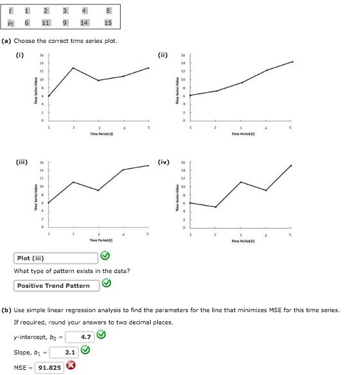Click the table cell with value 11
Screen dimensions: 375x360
(x=46, y=22)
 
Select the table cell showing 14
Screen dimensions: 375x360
(x=84, y=22)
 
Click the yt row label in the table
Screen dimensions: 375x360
(x=9, y=22)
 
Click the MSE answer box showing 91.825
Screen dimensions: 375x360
(x=50, y=367)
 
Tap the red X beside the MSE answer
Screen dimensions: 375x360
(x=72, y=367)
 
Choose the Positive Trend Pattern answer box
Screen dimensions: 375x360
(x=53, y=285)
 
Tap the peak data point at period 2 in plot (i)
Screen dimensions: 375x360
(x=73, y=68)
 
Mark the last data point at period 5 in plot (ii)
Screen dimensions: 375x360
(x=292, y=62)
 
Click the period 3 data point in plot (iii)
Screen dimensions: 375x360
(x=98, y=190)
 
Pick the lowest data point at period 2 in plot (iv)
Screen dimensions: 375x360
(x=216, y=207)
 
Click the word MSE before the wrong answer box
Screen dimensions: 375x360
(x=21, y=367)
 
